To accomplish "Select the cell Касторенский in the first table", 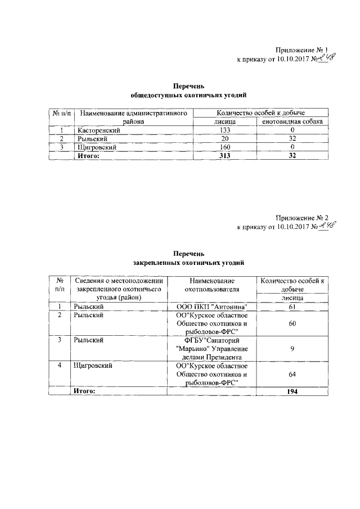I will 98,130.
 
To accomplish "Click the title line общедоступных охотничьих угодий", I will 188,96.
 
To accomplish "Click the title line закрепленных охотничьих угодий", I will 188,263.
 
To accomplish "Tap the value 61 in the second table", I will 291,307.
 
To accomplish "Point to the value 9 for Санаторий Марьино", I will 291,349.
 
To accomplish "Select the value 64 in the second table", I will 291,374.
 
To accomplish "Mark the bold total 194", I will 291,391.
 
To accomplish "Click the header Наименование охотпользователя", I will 212,285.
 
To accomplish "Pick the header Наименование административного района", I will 133,117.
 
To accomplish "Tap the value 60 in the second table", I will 291,324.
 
